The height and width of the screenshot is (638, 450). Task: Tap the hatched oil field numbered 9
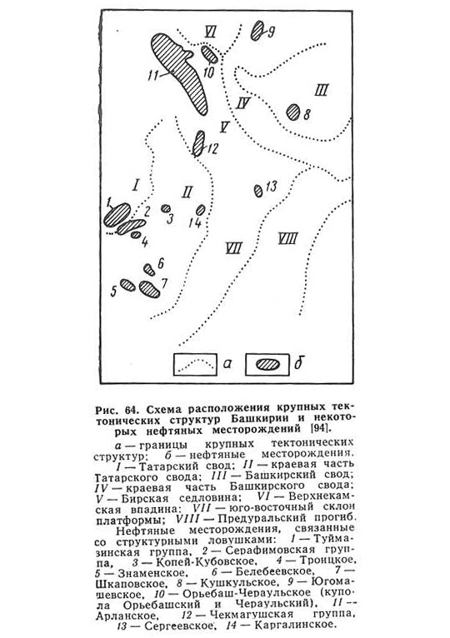(x=257, y=31)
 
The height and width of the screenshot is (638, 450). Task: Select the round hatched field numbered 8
(x=293, y=112)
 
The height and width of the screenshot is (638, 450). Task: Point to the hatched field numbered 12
(x=198, y=143)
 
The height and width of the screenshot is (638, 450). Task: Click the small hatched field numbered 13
(x=258, y=191)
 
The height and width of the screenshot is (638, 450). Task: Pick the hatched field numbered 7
(x=149, y=289)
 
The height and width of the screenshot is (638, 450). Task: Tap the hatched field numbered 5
(x=127, y=285)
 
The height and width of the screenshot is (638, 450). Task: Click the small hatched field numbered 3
(x=166, y=209)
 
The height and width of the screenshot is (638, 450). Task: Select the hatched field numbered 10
(x=210, y=54)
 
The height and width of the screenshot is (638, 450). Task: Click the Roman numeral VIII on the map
(x=288, y=238)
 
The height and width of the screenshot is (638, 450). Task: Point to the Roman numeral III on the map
(x=322, y=90)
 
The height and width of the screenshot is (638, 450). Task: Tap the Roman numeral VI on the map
(x=210, y=32)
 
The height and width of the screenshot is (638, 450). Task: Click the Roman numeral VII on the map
(x=234, y=248)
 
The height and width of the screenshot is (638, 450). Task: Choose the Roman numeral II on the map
(x=187, y=192)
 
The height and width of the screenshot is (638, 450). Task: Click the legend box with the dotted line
(x=195, y=364)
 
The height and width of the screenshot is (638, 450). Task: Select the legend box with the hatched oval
(x=267, y=364)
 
